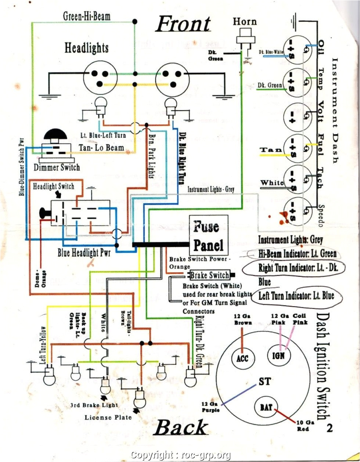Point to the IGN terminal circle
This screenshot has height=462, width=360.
[x=281, y=355]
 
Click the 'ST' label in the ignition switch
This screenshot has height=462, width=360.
[x=265, y=381]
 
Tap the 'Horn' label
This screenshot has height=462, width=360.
[x=245, y=21]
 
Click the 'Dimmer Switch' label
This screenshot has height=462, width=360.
[x=57, y=168]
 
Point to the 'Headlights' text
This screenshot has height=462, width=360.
[x=87, y=48]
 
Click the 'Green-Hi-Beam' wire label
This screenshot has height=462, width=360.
[x=87, y=16]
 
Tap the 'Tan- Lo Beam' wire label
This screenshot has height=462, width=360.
[x=101, y=148]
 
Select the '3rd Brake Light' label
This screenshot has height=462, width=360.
[x=95, y=405]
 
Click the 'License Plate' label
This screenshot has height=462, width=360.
[x=108, y=417]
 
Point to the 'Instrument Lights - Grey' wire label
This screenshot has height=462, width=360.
[x=211, y=189]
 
